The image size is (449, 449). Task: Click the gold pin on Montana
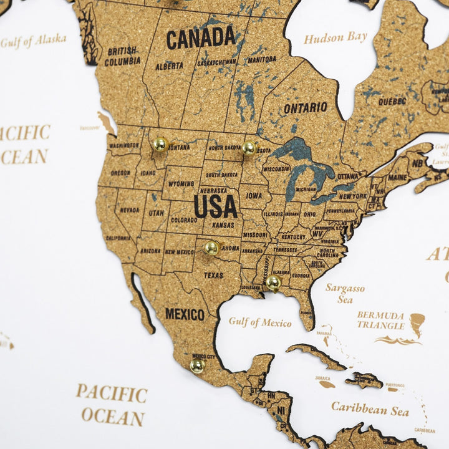[160, 144]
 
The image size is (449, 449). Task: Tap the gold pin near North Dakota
[249, 148]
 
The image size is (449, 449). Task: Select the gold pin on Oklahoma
[212, 248]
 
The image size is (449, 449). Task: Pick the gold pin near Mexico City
[197, 365]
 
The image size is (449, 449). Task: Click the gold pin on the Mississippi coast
[273, 283]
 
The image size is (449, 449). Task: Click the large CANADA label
[201, 39]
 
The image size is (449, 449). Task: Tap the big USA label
[216, 206]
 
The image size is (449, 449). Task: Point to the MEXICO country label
[185, 314]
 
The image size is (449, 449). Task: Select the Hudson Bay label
[336, 37]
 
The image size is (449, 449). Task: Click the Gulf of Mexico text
[260, 322]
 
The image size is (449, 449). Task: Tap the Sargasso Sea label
[345, 294]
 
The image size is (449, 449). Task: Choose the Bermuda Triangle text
[380, 320]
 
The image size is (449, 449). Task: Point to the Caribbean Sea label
[370, 409]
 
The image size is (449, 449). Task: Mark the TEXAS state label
[213, 275]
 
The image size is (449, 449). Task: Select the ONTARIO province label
[306, 108]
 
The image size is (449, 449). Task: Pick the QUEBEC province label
[392, 101]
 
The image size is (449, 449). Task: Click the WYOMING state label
[181, 184]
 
